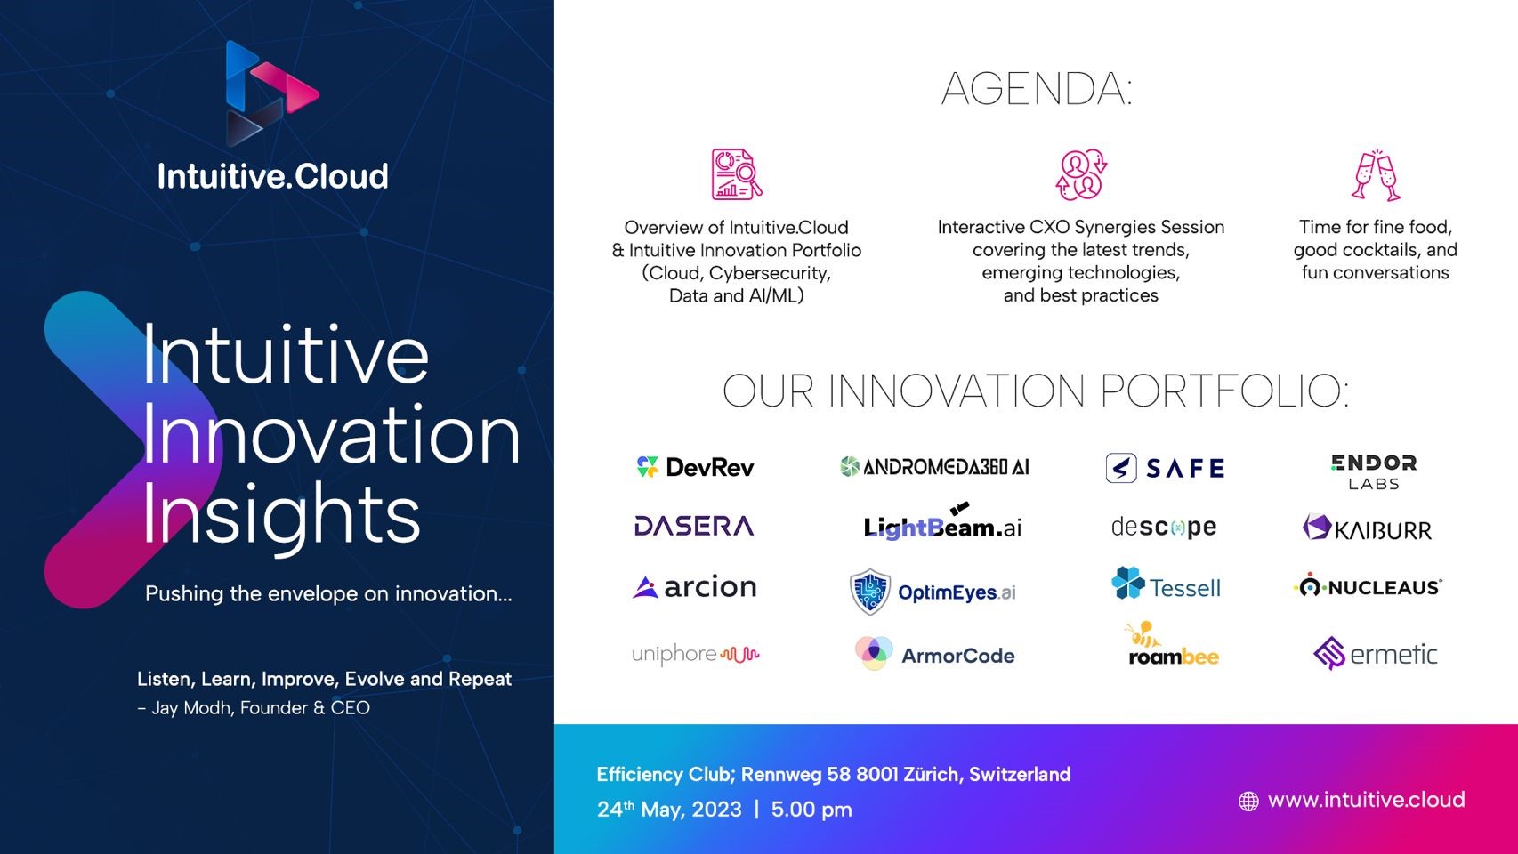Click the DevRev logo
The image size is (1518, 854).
(x=695, y=467)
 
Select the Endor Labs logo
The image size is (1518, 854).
(x=1374, y=471)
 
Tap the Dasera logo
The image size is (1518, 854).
(x=694, y=526)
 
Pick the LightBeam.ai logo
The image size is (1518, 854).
(x=942, y=521)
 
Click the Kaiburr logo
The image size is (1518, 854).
(x=1368, y=528)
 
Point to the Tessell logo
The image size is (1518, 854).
(x=1167, y=584)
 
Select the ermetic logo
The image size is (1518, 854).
(x=1375, y=653)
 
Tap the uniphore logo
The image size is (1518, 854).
(x=695, y=654)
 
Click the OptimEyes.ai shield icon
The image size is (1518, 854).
(x=870, y=592)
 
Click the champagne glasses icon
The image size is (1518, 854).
(x=1375, y=175)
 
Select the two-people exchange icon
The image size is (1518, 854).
(x=1081, y=174)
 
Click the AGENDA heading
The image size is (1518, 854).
(x=1037, y=89)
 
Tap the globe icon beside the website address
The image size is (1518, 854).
(x=1248, y=802)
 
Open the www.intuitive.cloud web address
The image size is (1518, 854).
(x=1366, y=800)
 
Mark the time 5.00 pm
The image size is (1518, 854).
(x=811, y=810)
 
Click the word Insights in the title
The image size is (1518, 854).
(x=281, y=514)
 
